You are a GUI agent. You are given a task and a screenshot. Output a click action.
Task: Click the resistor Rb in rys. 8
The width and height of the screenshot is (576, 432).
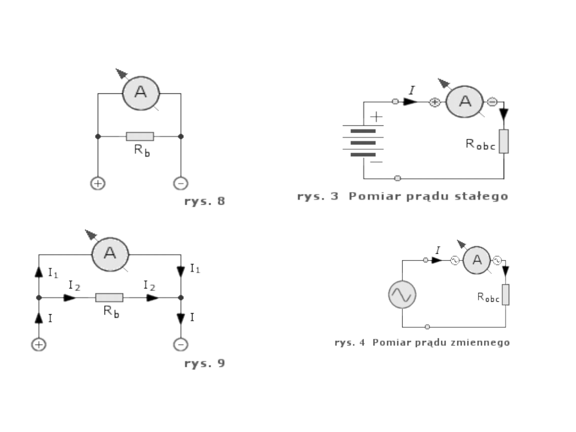click(x=140, y=137)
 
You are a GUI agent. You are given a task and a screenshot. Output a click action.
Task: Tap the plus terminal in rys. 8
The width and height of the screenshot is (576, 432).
click(x=98, y=183)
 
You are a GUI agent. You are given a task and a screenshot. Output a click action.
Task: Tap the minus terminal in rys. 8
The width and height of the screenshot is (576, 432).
click(x=181, y=183)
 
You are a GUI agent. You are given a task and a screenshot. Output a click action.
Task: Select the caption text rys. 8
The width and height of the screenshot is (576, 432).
click(x=205, y=202)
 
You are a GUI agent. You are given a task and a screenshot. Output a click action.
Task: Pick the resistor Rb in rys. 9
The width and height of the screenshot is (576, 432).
click(x=109, y=298)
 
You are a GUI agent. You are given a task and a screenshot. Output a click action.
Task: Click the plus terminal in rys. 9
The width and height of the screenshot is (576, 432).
click(x=38, y=345)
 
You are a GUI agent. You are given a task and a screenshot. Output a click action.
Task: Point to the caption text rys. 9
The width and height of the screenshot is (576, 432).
click(x=205, y=364)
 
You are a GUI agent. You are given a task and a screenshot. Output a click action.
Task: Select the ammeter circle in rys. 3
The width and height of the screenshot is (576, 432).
click(x=464, y=102)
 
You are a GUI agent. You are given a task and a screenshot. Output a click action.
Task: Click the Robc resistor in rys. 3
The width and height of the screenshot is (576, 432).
click(x=504, y=141)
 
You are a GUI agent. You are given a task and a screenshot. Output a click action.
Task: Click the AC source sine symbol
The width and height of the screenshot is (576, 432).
click(x=402, y=294)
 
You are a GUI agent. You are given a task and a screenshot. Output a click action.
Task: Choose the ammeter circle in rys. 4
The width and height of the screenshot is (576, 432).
click(x=476, y=260)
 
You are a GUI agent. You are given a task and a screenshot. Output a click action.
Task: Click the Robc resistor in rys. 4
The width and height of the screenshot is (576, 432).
click(x=505, y=294)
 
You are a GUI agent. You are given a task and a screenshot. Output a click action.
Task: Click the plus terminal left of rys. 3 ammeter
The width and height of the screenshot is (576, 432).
click(x=435, y=102)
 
